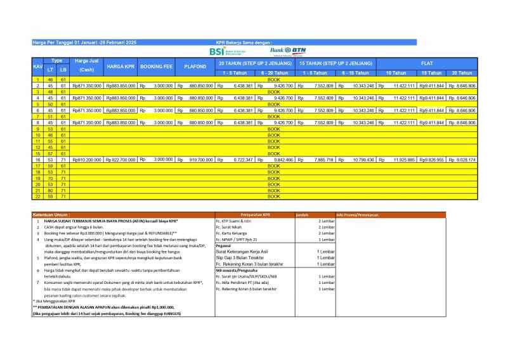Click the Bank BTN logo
pyautogui.click(x=288, y=51)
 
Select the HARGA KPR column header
pyautogui.click(x=121, y=67)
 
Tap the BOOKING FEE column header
pyautogui.click(x=156, y=67)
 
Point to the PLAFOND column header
pyautogui.click(x=195, y=67)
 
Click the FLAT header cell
pyautogui.click(x=426, y=63)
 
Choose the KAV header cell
pyautogui.click(x=37, y=67)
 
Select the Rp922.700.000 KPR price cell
pyautogui.click(x=121, y=160)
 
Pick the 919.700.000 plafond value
pyautogui.click(x=201, y=160)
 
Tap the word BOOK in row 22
pyautogui.click(x=273, y=196)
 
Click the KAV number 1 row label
pyautogui.click(x=37, y=80)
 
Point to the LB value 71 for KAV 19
pyautogui.click(x=63, y=178)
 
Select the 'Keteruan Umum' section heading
pyautogui.click(x=52, y=215)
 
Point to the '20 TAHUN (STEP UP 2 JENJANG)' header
pyautogui.click(x=255, y=63)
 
